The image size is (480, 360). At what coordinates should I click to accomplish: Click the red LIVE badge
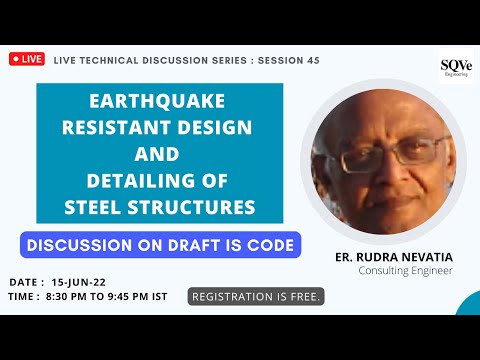coord(27,59)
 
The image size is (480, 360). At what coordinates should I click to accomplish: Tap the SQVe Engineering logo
coord(455,68)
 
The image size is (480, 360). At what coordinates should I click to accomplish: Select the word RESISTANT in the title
coord(129,129)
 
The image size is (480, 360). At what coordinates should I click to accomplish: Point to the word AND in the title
coord(159,155)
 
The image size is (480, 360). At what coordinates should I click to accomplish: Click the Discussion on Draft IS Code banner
coord(160,245)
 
